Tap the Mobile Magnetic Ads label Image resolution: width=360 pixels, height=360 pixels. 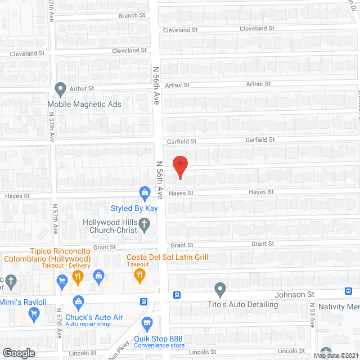pyautogui.click(x=84, y=104)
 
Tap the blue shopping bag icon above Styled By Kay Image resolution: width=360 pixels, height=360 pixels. pyautogui.click(x=145, y=194)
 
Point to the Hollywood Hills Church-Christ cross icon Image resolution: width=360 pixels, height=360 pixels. pyautogui.click(x=145, y=226)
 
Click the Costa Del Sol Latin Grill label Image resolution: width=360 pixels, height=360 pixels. pyautogui.click(x=168, y=257)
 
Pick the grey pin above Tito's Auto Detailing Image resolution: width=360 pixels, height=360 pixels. pyautogui.click(x=220, y=290)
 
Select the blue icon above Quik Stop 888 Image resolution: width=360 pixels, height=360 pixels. pyautogui.click(x=147, y=323)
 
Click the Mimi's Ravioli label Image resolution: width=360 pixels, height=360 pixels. pyautogui.click(x=23, y=302)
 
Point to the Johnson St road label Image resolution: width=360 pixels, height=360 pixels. pyautogui.click(x=294, y=294)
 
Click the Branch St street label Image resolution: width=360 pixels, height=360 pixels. pyautogui.click(x=132, y=15)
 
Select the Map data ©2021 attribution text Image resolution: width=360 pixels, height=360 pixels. pyautogui.click(x=335, y=355)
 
